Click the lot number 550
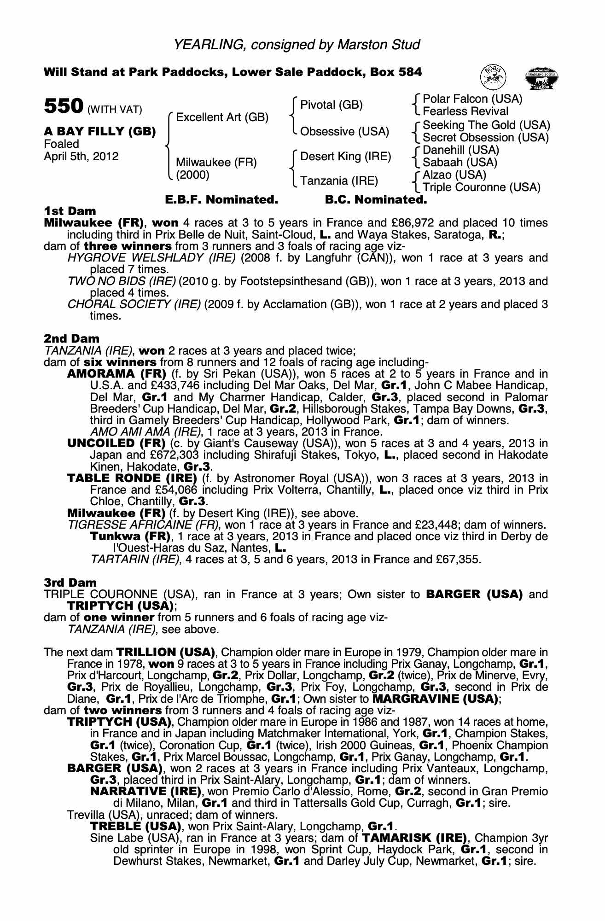tap(63, 106)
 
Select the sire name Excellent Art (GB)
tap(222, 117)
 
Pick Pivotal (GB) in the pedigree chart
tap(331, 105)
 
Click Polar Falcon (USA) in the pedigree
tap(472, 99)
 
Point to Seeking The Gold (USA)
tap(486, 125)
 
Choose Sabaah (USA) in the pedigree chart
tap(460, 163)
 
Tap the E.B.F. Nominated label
tap(221, 200)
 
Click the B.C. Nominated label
tap(376, 200)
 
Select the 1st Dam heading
tap(70, 211)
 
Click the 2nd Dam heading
tap(71, 339)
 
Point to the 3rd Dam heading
tap(70, 583)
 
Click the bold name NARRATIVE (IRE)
tap(145, 792)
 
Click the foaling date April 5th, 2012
tap(81, 157)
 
